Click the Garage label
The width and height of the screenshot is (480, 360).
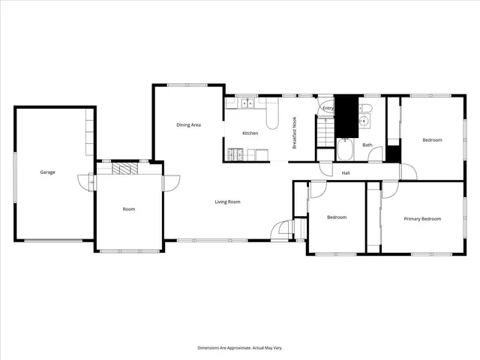(x=47, y=172)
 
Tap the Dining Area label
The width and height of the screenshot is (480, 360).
(x=188, y=125)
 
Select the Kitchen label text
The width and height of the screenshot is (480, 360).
(x=250, y=133)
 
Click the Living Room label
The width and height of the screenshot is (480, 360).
(x=227, y=202)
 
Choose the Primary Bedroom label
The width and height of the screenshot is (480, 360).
(x=422, y=219)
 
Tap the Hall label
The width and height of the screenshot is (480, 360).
(x=346, y=174)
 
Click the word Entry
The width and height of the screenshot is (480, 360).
(x=328, y=109)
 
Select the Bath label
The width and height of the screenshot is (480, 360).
(x=367, y=145)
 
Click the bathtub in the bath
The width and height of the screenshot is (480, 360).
(x=346, y=151)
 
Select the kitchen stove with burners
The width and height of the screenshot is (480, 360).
(x=234, y=155)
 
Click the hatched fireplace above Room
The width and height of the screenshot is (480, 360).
(x=125, y=168)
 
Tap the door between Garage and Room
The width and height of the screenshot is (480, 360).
(x=91, y=181)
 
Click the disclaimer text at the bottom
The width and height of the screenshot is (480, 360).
(x=239, y=348)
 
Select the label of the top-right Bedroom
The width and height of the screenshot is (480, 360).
(x=432, y=140)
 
